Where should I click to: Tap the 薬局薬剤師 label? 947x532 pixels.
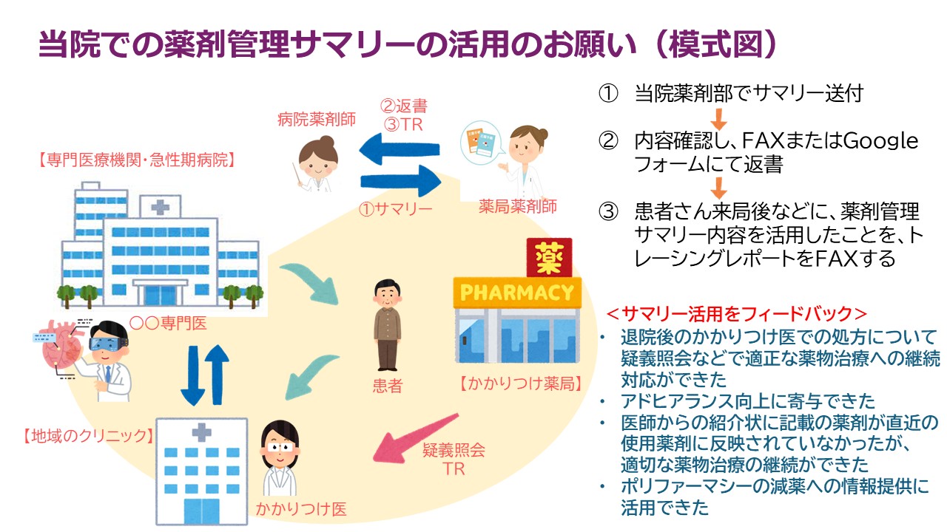(x=517, y=205)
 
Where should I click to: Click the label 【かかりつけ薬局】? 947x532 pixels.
(x=517, y=383)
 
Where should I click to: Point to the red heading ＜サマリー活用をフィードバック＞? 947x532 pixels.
(x=736, y=313)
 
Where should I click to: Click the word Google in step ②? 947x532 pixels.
(x=880, y=140)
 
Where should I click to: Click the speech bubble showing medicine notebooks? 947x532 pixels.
(x=481, y=146)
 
